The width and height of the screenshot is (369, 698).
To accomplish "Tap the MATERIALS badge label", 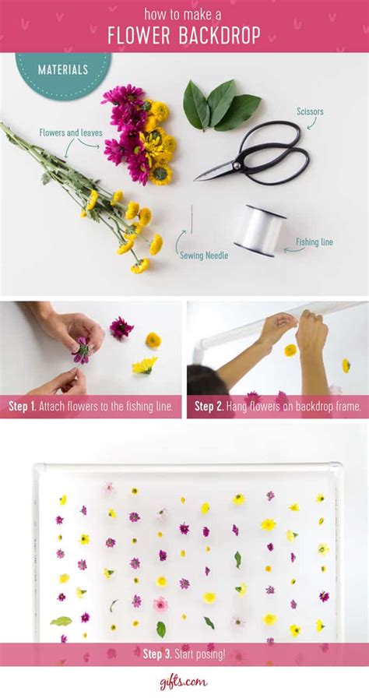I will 63,70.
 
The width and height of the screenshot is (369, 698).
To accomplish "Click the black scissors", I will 257,153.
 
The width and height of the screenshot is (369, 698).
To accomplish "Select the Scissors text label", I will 309,112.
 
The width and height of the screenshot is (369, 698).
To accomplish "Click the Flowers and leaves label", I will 71,133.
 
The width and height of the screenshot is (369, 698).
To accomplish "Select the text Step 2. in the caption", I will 209,406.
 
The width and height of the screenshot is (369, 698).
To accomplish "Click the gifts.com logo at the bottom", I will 184,682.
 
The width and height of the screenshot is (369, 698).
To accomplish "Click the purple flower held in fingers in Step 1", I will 81,350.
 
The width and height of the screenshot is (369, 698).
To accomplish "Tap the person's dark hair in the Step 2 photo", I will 204,381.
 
